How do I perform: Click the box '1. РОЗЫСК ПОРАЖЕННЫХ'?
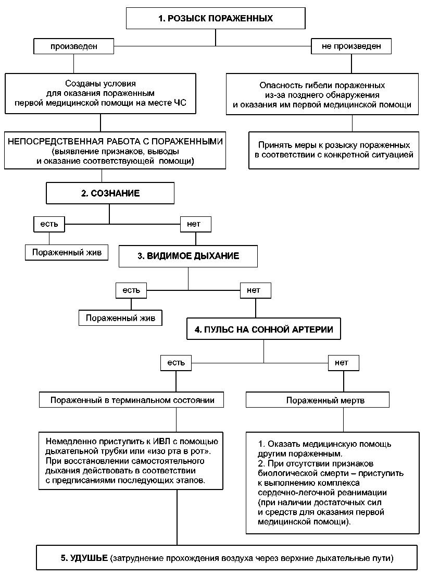tap(216, 18)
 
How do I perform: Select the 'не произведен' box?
tap(351, 46)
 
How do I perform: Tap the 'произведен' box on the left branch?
tap(73, 46)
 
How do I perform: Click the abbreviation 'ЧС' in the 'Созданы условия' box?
tap(180, 103)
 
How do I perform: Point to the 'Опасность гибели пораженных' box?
tap(322, 94)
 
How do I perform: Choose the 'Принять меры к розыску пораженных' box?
tap(334, 150)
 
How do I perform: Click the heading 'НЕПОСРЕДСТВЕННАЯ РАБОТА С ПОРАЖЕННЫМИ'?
tap(116, 142)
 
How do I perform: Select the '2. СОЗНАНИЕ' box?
tap(110, 193)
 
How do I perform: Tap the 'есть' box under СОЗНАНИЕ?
tap(49, 224)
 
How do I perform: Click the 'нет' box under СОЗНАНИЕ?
tap(196, 224)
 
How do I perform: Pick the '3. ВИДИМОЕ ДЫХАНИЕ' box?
tap(188, 256)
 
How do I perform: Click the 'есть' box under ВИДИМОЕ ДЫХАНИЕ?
tap(131, 290)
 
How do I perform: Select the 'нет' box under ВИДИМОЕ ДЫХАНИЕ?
tap(256, 290)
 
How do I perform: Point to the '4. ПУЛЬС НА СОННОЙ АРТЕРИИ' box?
tap(263, 329)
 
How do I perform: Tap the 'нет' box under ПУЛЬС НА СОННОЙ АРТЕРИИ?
tap(344, 363)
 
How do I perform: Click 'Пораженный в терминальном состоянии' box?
tap(131, 400)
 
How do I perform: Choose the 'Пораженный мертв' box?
tap(318, 400)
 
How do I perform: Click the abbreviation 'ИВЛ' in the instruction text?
tap(161, 442)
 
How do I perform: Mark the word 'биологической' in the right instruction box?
tap(284, 473)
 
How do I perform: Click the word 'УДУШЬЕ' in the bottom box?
tap(89, 558)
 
